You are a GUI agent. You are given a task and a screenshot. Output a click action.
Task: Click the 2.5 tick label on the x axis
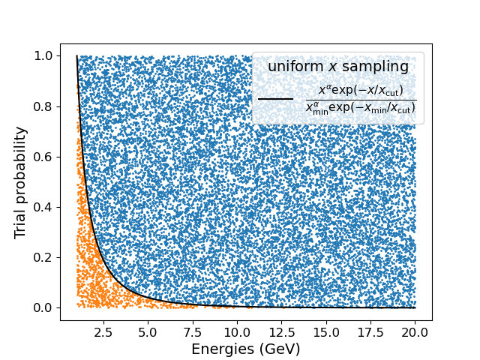pos(104,331)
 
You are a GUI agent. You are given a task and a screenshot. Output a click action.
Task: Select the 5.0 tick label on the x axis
pos(148,331)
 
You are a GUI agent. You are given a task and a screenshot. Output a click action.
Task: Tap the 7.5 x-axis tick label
pos(193,331)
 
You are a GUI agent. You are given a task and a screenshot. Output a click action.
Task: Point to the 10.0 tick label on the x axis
pos(237,331)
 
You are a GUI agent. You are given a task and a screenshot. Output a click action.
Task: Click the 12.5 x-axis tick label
pos(282,331)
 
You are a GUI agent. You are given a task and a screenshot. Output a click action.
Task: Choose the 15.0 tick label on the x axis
pos(326,331)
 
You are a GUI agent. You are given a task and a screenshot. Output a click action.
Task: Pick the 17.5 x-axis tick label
pos(370,331)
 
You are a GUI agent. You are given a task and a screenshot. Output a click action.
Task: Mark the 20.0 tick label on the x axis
pos(415,331)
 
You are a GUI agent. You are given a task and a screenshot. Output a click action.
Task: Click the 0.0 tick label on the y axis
pos(44,307)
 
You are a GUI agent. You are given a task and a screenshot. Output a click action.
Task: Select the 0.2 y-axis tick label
pos(44,257)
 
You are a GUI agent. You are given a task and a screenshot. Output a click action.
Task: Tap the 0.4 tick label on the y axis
pos(44,207)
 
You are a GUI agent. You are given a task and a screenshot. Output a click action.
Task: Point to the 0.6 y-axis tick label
pos(44,157)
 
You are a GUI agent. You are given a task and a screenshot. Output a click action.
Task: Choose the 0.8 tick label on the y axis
pos(44,106)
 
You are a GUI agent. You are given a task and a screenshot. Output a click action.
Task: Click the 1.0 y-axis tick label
pos(44,56)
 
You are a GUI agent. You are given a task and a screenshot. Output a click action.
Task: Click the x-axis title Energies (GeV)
pos(246,349)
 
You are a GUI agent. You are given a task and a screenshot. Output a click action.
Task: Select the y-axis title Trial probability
pos(21,182)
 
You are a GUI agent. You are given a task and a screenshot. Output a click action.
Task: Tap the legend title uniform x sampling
pos(338,67)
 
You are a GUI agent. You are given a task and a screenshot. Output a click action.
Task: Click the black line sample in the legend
pos(275,98)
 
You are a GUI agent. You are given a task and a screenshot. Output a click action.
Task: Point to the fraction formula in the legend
pos(360,99)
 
